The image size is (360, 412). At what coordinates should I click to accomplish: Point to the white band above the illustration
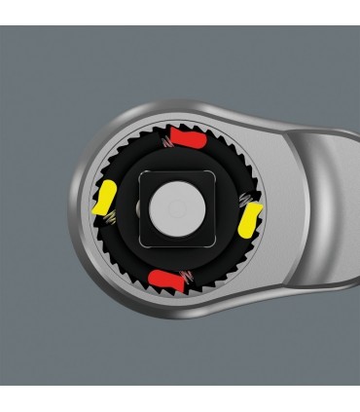[x=180, y=12]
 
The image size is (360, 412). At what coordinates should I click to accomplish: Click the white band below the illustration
[x=180, y=398]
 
